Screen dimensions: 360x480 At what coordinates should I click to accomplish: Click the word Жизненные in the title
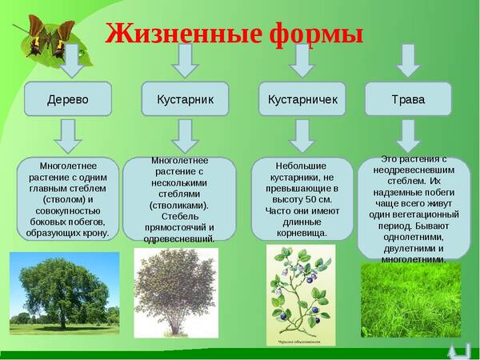coord(171,33)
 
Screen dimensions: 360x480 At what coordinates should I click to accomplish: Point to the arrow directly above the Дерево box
coord(70,62)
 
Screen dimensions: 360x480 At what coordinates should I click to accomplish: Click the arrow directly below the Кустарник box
coord(185,136)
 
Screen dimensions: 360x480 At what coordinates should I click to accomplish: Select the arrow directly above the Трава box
coord(409,60)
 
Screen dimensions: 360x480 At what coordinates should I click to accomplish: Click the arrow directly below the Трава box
coord(408,136)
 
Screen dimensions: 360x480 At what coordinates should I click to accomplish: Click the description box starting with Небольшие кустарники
coord(302,199)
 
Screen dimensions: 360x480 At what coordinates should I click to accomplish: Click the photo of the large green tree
coord(64,293)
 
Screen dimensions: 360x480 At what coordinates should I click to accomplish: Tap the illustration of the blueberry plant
coord(301,294)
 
